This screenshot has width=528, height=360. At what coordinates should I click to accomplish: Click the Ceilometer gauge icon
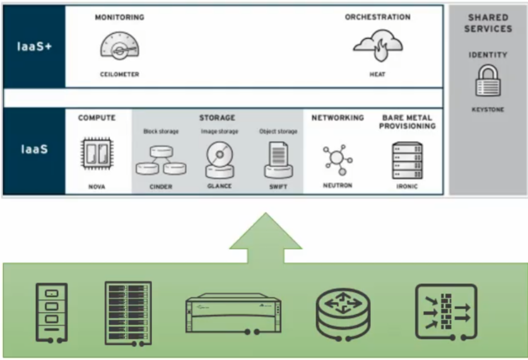119,46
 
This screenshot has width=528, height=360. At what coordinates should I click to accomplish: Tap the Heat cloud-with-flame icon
378,45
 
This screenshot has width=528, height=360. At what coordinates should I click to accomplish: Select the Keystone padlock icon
488,81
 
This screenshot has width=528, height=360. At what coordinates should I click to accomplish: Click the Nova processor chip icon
97,153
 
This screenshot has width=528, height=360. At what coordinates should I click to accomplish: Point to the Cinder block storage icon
161,160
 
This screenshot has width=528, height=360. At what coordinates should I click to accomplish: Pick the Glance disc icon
220,160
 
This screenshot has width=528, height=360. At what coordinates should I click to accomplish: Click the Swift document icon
278,160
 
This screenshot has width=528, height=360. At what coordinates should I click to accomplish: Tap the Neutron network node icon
337,160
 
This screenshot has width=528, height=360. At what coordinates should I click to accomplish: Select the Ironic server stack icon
408,161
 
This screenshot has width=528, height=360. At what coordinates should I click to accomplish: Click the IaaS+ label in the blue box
34,47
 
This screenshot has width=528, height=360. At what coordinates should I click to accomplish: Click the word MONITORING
119,17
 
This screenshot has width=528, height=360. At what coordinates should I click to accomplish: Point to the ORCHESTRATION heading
378,17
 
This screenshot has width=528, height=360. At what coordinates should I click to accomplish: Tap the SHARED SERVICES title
488,23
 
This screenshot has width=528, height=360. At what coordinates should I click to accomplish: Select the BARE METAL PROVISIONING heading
408,122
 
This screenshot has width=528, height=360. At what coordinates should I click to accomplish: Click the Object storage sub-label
278,132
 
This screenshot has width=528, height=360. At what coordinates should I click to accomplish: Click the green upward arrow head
266,232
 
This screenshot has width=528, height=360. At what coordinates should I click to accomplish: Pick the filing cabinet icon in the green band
52,313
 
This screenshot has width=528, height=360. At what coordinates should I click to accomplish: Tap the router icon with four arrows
343,313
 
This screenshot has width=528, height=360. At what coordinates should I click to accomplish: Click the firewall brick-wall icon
446,311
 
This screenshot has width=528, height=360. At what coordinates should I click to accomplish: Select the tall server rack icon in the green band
128,313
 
